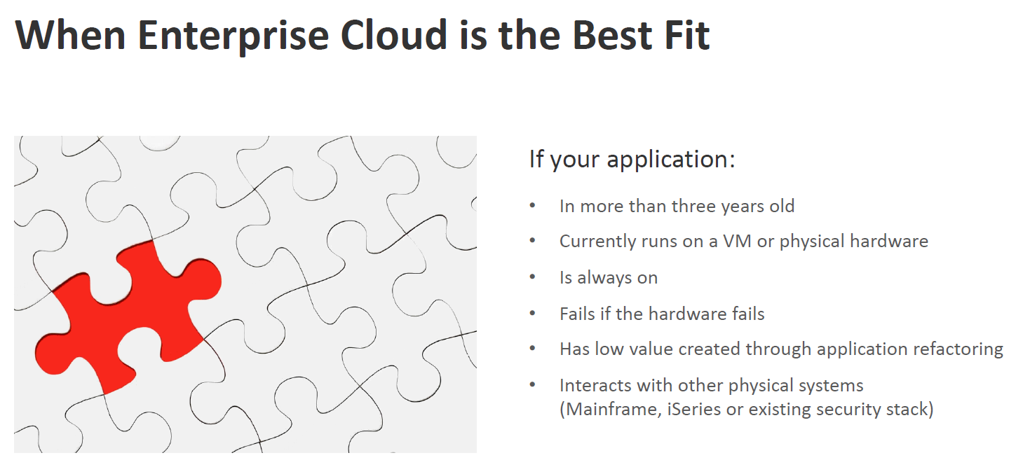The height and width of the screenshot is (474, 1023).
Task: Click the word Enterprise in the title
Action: pyautogui.click(x=233, y=36)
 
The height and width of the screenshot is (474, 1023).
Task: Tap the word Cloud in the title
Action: pyautogui.click(x=394, y=35)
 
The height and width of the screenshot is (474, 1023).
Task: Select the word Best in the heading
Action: pyautogui.click(x=612, y=35)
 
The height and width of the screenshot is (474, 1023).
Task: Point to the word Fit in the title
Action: pyautogui.click(x=687, y=35)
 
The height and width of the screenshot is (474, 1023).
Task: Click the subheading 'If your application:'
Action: pyautogui.click(x=632, y=160)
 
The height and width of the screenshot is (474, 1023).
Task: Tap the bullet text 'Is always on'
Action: pyautogui.click(x=609, y=277)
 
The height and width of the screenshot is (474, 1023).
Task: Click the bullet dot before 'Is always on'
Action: pyautogui.click(x=532, y=277)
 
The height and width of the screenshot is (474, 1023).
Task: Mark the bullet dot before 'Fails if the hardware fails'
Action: pyautogui.click(x=532, y=313)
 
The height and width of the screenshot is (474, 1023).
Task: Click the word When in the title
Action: pyautogui.click(x=70, y=35)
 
